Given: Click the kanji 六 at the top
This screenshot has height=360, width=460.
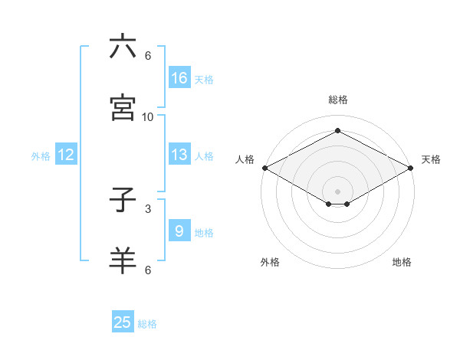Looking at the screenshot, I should pos(123,47).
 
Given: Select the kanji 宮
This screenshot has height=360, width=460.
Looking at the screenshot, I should pos(123,107).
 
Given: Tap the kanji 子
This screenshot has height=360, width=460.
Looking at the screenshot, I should pos(123,200).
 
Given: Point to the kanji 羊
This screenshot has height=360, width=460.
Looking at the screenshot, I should pos(123,260).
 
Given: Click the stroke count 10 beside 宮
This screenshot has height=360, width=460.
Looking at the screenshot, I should pos(148,116).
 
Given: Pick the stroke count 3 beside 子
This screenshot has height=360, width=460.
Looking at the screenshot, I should pos(148,208).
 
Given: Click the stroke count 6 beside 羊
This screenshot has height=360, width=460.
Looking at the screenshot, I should pos(148,269).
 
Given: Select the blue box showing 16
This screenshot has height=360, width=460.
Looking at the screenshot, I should pos(179,78).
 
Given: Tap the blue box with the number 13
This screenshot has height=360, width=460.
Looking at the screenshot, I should pos(179,155).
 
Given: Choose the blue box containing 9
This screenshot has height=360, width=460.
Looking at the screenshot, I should pos(179,231).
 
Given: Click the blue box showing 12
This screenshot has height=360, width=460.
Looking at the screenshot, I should pos(66,155).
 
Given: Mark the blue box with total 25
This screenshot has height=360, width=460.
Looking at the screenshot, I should pos(123,322).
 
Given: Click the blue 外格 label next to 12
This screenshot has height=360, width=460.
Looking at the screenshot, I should pos(41,155).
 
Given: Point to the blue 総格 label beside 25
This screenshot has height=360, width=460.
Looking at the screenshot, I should pos(147,324).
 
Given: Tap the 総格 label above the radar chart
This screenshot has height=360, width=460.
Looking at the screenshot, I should pos(338,100).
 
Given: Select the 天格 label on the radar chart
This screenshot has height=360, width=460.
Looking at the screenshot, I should pos(431,159).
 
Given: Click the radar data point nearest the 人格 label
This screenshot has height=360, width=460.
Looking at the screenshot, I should pos(264,168).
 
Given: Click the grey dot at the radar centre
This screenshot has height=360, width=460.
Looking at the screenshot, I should pos(337,190).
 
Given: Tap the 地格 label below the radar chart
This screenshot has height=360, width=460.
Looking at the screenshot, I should pos(402,262).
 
